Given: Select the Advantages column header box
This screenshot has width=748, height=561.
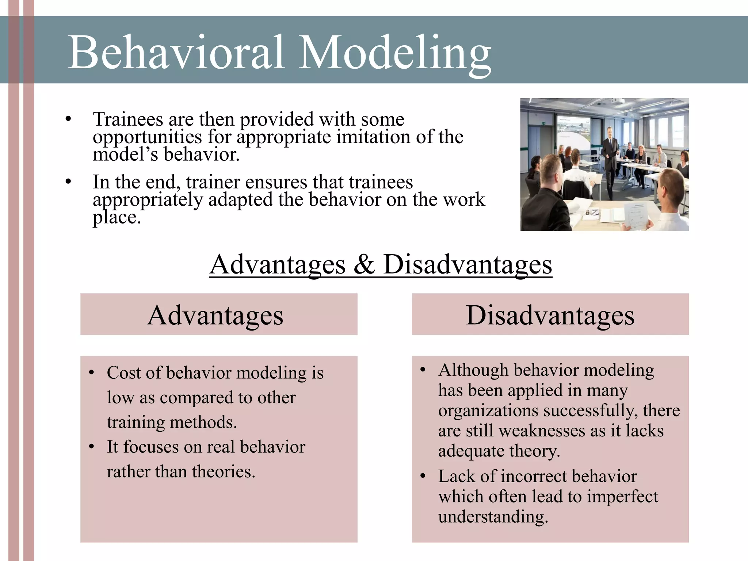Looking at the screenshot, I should tap(219, 314).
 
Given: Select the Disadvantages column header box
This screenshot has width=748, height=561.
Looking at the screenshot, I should tap(550, 314).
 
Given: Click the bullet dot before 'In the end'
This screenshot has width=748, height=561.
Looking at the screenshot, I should tap(68, 182).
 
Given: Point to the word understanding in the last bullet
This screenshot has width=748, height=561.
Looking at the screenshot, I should tap(493, 517).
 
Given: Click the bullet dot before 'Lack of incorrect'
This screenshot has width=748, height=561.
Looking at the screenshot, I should tap(423, 476).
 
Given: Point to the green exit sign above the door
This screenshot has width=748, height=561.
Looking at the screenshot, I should tap(543, 123).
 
